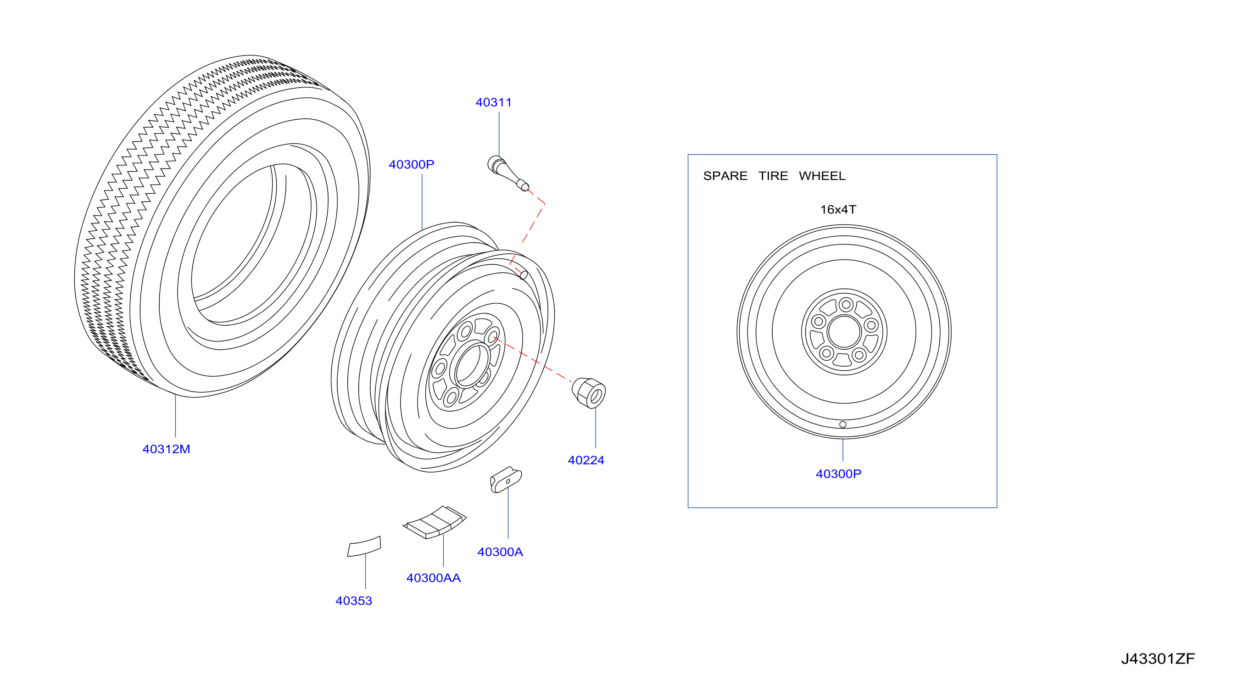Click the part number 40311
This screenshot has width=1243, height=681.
pos(493,102)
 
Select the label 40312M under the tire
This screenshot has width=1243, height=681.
pos(166,449)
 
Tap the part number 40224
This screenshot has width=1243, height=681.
pos(586,460)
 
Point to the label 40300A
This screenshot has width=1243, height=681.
pos(500,552)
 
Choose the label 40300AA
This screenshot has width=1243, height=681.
pos(433,578)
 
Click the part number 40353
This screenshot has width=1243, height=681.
pos(354,600)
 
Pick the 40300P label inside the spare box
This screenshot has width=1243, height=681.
pos(838,474)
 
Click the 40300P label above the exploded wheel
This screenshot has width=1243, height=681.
pos(412,164)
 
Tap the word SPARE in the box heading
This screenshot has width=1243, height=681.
pos(725,176)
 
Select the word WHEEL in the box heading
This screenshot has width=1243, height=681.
pos(822,176)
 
